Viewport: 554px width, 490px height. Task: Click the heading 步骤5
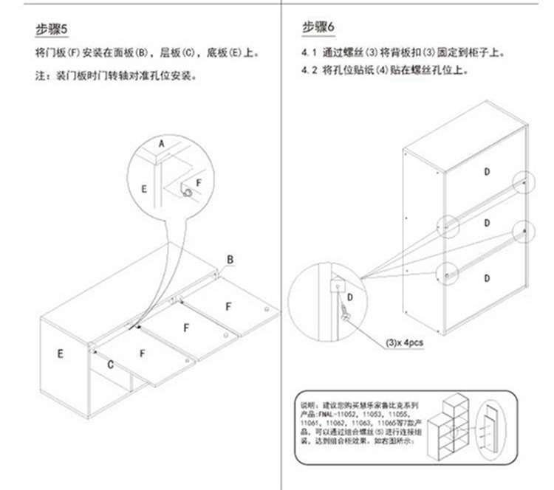click(52, 30)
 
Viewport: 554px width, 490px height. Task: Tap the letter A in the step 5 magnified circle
click(161, 142)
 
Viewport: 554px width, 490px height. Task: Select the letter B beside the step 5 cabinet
click(230, 260)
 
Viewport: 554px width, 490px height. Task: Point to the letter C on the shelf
click(110, 365)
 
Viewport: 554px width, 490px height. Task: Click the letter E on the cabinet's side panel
click(61, 353)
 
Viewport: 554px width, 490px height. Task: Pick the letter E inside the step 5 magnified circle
click(144, 189)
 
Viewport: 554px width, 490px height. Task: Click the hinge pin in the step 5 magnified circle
click(188, 193)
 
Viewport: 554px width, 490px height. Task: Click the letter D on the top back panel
click(487, 171)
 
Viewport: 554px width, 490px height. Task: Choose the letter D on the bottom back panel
click(487, 277)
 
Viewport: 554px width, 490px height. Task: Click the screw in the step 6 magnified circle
click(345, 311)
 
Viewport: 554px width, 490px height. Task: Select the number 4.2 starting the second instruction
click(310, 71)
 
